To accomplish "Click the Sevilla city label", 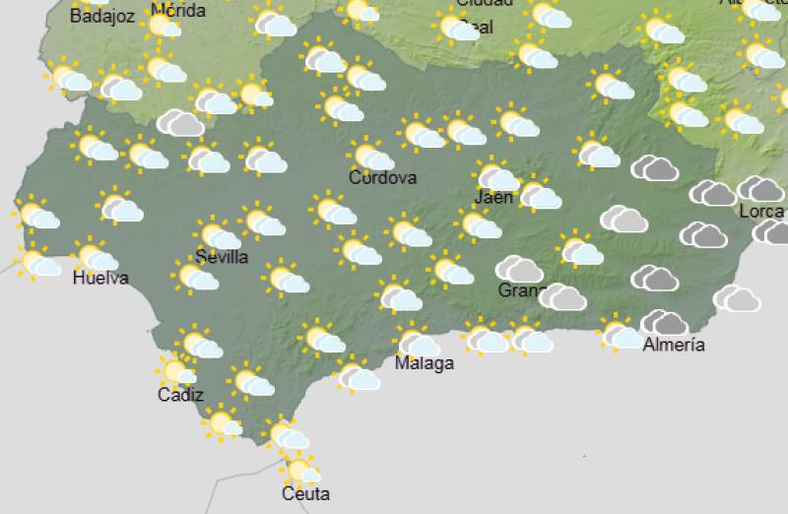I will pos(222,257).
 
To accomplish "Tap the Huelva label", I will pos(100,279).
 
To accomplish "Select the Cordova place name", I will pos(382,178).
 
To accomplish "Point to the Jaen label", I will pos(493,197).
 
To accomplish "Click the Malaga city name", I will pos(424,363).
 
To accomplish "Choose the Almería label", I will pos(673,345).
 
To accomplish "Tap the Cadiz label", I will pos(180,396).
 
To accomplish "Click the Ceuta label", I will pos(305,493).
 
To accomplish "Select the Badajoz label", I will pos(101,15).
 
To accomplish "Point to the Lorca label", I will pos(760,211).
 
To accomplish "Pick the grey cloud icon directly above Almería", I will pos(665,322).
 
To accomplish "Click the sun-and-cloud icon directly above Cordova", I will pos(372,157).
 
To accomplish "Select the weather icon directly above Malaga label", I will pos(418,341).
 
